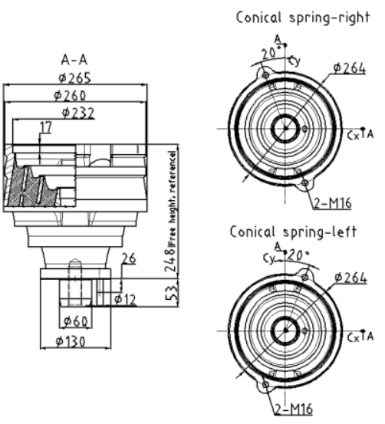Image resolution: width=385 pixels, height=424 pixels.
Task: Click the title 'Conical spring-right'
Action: [303, 18]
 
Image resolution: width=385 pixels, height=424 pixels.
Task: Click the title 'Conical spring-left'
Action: [293, 232]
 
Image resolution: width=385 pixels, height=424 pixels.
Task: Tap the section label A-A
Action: [74, 60]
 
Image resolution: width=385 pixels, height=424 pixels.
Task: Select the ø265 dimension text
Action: [75, 78]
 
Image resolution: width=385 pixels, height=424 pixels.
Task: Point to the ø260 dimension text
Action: [70, 95]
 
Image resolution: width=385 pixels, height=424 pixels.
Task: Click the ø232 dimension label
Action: [78, 113]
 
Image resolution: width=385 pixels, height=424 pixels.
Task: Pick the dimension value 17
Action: [46, 127]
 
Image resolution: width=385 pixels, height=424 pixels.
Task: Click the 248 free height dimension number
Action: [171, 260]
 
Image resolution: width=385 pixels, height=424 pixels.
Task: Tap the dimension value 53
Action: [172, 293]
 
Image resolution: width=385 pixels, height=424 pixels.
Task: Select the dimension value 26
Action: [129, 259]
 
